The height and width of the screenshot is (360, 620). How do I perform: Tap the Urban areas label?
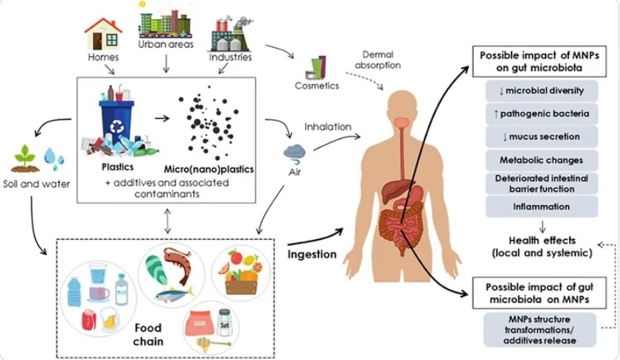166,44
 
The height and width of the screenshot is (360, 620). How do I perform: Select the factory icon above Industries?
230,34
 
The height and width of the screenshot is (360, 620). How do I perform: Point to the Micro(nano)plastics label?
209,170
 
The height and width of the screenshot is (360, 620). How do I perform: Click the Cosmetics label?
317,86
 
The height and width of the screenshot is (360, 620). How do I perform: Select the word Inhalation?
328,127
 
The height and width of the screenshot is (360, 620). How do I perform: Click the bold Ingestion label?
312,255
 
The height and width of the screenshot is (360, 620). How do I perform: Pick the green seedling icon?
24,159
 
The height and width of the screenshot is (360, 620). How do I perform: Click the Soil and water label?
36,184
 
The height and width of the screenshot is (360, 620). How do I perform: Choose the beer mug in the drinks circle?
111,319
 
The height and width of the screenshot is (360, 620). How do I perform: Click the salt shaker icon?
224,322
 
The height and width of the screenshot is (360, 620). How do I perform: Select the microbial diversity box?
542,91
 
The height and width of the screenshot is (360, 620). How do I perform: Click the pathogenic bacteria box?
542,114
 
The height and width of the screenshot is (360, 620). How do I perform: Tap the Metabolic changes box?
542,160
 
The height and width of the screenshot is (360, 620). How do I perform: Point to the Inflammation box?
542,207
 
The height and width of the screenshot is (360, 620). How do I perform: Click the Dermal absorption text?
377,60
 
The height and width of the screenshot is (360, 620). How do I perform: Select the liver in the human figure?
394,190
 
